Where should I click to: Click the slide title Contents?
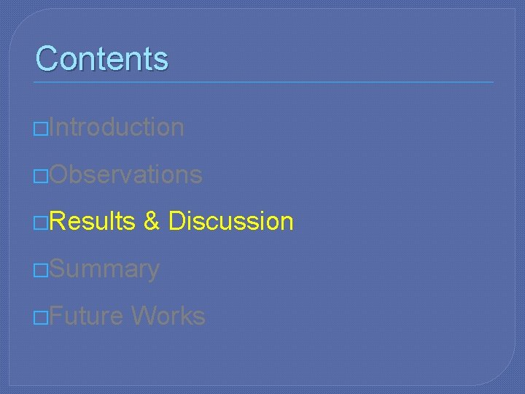tap(101, 58)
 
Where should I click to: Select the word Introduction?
tap(117, 127)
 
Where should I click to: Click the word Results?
tap(93, 221)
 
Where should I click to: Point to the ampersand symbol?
tap(152, 221)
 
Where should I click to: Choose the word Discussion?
tap(230, 221)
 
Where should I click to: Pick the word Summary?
tap(105, 269)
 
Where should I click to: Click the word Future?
tap(87, 316)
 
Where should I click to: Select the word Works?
tap(168, 316)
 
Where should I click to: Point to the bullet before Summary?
tap(41, 271)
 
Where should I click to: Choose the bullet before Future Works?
tap(41, 318)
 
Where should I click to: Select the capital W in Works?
tap(143, 316)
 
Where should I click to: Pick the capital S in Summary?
tap(58, 269)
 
